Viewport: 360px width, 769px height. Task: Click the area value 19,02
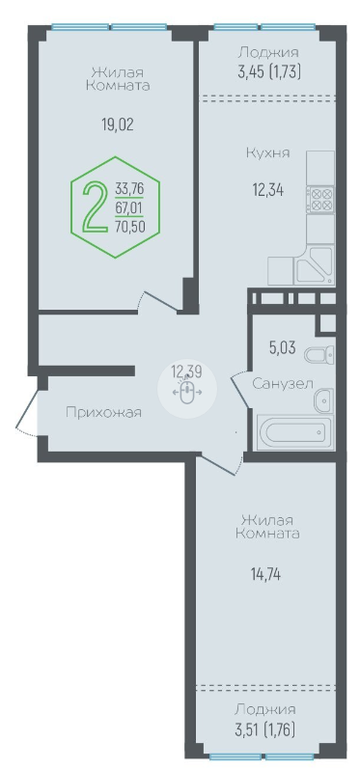(x=117, y=125)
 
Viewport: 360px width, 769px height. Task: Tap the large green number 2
(x=97, y=206)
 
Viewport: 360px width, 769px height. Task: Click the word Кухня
(x=267, y=153)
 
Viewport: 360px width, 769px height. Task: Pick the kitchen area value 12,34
(x=267, y=189)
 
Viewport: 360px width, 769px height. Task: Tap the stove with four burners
(x=320, y=199)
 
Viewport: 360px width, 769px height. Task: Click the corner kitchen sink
(x=314, y=265)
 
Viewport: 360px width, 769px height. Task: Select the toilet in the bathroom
(x=319, y=354)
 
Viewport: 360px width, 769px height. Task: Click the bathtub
(x=292, y=432)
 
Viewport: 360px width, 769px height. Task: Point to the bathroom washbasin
(x=324, y=401)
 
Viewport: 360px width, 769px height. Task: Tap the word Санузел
(x=283, y=384)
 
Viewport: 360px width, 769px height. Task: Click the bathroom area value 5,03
(x=282, y=348)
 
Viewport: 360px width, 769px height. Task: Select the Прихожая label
(x=103, y=413)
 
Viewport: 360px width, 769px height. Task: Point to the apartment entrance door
(x=28, y=412)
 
